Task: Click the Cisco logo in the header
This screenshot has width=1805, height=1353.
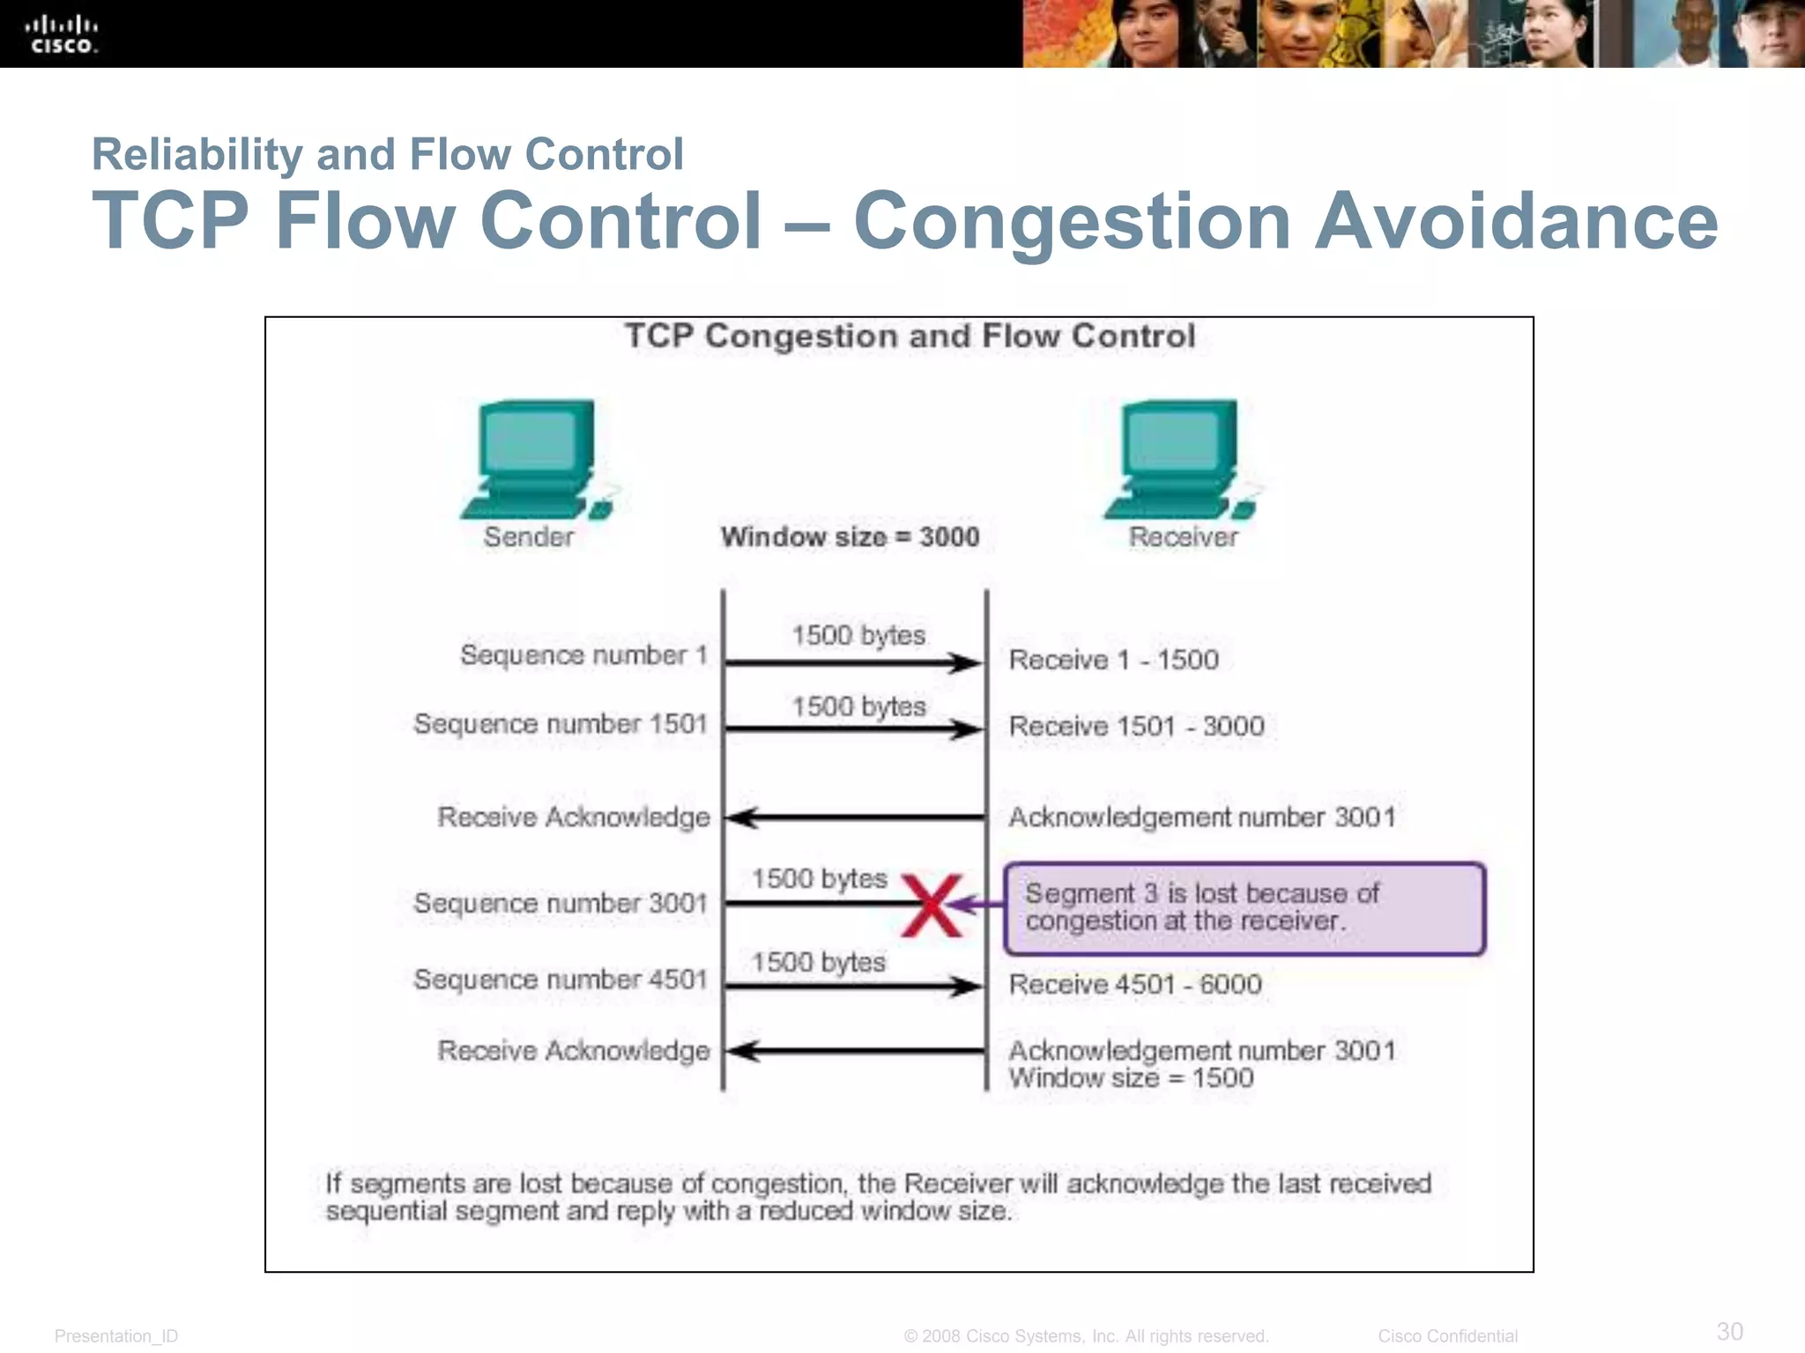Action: (x=63, y=33)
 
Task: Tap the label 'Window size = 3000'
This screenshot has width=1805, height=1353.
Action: (x=850, y=536)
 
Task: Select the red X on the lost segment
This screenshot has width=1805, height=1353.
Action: (x=932, y=906)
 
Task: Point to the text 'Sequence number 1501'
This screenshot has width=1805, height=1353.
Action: (x=561, y=724)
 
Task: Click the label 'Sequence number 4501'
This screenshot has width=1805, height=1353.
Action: (x=561, y=980)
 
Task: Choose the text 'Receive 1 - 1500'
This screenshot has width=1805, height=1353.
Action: (x=1113, y=660)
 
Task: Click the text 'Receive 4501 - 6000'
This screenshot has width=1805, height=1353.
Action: (x=1135, y=984)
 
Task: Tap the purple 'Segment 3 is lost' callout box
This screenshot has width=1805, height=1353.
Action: (x=1244, y=908)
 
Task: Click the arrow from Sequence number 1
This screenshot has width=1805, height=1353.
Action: (x=853, y=662)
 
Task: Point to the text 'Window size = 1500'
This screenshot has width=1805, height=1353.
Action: (x=1131, y=1078)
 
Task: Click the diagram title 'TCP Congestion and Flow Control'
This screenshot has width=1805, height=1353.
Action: (x=910, y=336)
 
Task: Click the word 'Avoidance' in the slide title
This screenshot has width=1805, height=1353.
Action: (x=1516, y=221)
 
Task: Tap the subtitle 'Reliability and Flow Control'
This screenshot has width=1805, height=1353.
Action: (x=388, y=154)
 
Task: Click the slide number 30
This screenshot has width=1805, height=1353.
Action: (x=1729, y=1330)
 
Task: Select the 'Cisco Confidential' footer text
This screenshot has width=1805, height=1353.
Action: (x=1447, y=1336)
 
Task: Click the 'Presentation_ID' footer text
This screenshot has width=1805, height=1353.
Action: (x=116, y=1336)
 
